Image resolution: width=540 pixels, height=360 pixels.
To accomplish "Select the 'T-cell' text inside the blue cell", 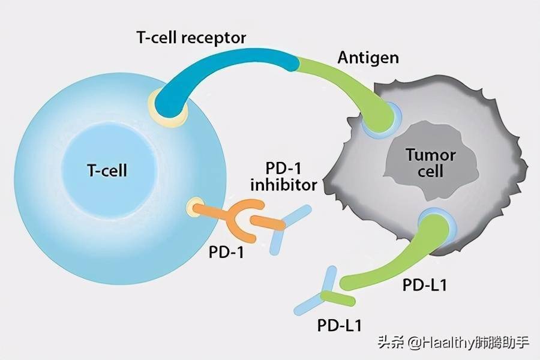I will pos(107,171).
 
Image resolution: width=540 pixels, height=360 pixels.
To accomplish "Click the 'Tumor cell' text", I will pos(431,163).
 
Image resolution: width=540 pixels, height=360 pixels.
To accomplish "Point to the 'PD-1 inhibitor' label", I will pos(283,176).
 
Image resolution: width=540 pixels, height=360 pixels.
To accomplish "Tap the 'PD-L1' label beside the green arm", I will pos(424,284).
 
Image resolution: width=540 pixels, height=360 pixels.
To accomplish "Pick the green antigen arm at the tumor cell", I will pos(354,90).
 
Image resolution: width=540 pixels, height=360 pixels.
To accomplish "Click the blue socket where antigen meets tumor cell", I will pos(384,117).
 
